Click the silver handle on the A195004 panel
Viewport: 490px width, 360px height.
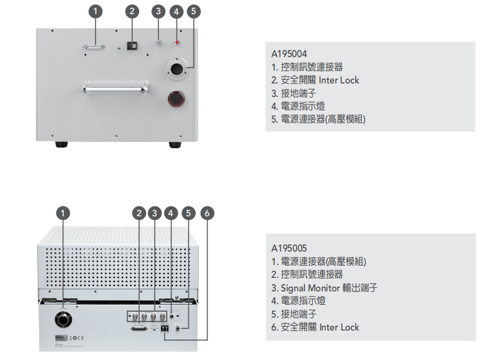(x=115, y=89)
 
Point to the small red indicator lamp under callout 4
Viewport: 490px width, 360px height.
(x=177, y=43)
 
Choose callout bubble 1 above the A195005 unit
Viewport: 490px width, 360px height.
(x=63, y=213)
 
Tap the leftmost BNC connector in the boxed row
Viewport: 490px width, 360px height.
(x=133, y=316)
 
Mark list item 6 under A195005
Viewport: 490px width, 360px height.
(x=315, y=327)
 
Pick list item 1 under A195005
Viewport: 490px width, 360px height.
(x=319, y=261)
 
